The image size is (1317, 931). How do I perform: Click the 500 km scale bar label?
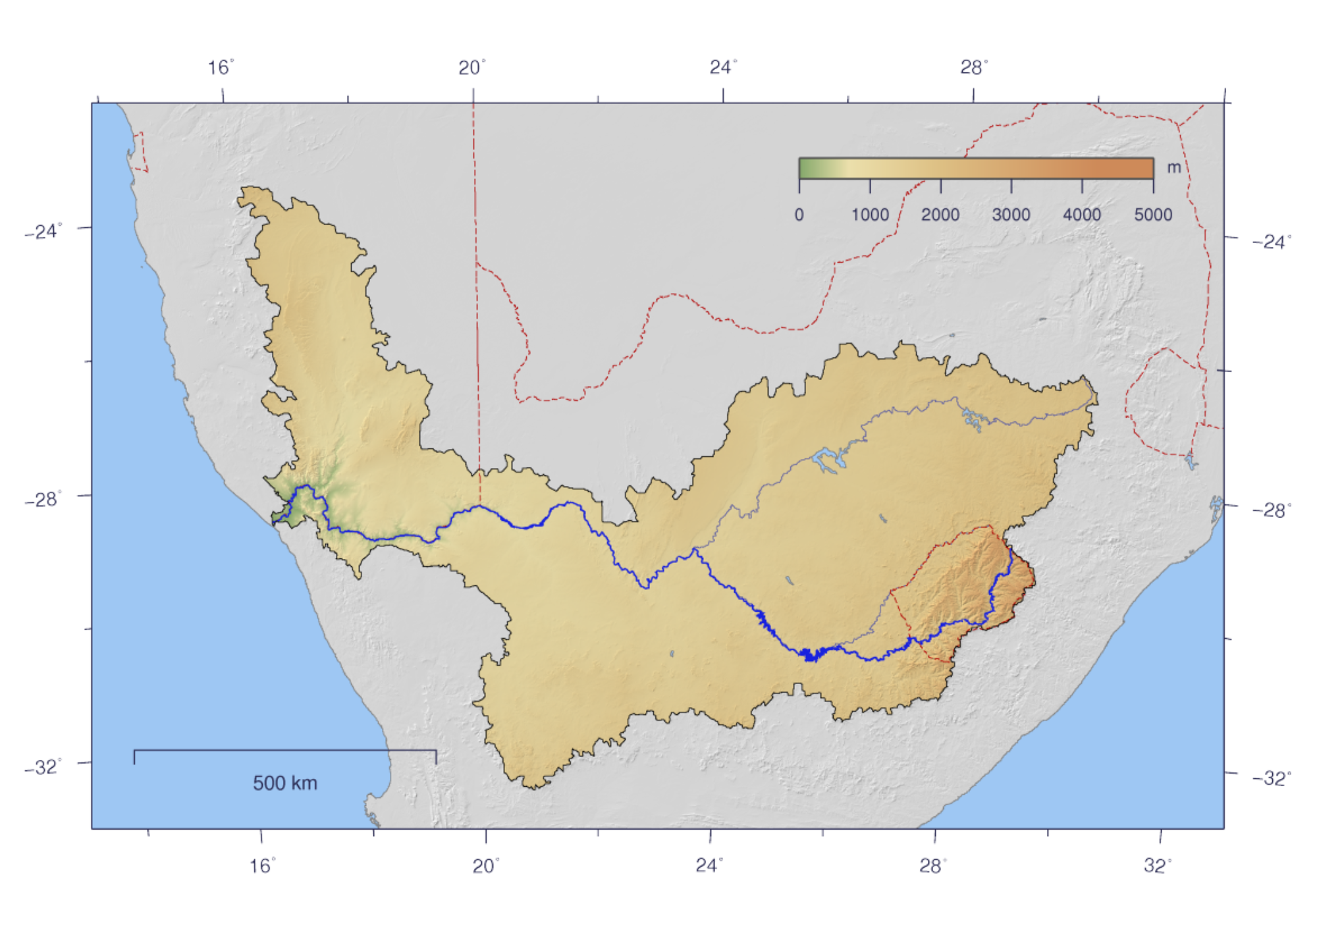click(x=284, y=783)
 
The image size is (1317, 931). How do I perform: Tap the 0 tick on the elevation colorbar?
click(x=799, y=215)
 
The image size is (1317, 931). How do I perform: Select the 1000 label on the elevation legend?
click(x=870, y=215)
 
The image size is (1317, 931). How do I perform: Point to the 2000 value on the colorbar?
click(x=940, y=215)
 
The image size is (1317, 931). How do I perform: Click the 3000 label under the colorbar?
click(x=1011, y=215)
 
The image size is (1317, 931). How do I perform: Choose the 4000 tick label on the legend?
click(x=1082, y=215)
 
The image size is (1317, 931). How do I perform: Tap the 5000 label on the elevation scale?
click(x=1153, y=215)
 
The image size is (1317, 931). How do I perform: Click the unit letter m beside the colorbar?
click(x=1173, y=168)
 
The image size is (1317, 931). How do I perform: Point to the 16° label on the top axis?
click(x=221, y=68)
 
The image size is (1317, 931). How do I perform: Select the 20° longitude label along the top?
click(x=471, y=68)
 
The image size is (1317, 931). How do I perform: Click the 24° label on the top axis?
click(x=722, y=68)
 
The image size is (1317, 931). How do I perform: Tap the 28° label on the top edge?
click(x=973, y=68)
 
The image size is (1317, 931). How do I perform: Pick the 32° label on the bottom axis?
click(x=1157, y=866)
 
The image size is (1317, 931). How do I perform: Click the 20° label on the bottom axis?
click(x=485, y=866)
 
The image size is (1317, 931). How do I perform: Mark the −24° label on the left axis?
click(x=43, y=232)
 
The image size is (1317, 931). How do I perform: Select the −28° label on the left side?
click(x=43, y=499)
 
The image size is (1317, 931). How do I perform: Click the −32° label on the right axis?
click(x=1272, y=778)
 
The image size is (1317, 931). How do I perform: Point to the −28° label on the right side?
click(x=1272, y=510)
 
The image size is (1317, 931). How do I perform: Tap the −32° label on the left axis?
click(x=43, y=767)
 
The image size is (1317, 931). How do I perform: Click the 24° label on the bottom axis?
click(x=709, y=866)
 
